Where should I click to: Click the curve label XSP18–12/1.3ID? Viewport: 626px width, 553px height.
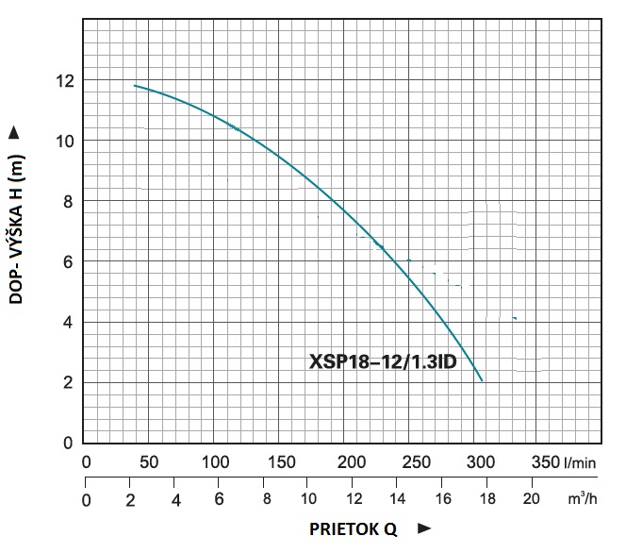[384, 362]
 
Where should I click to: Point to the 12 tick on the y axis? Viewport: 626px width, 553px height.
[65, 80]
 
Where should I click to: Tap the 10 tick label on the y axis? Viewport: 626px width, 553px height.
[65, 141]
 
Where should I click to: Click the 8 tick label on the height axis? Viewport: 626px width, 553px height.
[67, 201]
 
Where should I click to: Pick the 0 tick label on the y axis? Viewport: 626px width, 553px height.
[67, 443]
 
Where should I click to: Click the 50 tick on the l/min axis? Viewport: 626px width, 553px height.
[149, 462]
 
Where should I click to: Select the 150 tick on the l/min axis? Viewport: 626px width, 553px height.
[279, 462]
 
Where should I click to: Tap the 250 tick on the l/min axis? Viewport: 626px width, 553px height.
[411, 462]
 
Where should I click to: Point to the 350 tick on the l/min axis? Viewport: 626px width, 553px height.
[545, 462]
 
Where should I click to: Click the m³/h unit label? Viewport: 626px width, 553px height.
[585, 497]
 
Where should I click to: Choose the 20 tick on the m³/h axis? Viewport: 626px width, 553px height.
[531, 498]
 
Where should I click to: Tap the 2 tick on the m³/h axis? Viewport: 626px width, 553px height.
[131, 498]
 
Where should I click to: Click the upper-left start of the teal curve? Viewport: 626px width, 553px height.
[136, 86]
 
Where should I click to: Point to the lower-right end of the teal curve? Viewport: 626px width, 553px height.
[482, 380]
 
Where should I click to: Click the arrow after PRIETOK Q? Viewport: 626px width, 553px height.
[424, 529]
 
